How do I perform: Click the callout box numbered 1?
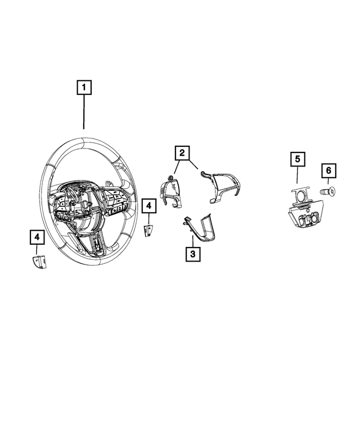click(x=84, y=88)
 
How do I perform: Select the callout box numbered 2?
click(x=182, y=152)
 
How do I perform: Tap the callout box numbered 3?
click(x=192, y=255)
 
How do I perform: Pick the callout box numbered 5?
click(x=298, y=159)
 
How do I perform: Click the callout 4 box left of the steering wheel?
click(x=37, y=238)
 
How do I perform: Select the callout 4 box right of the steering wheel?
click(x=148, y=206)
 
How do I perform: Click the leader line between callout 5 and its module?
click(x=298, y=175)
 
